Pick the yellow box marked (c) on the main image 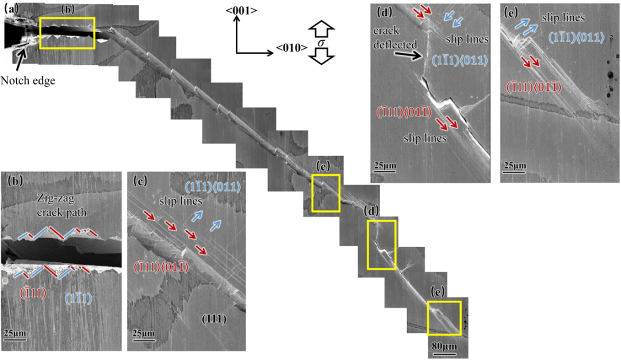(325, 193)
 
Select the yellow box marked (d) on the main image (382, 244)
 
